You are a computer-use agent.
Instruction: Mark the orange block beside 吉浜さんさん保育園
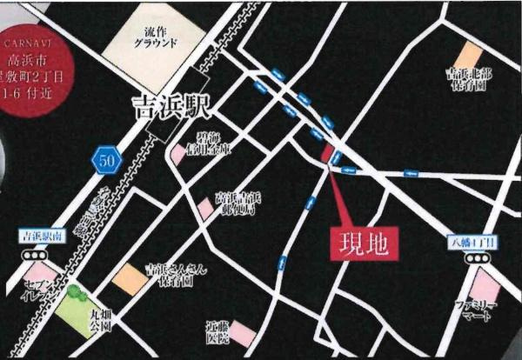click(x=129, y=278)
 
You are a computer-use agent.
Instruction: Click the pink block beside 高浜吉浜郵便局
click(x=204, y=209)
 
